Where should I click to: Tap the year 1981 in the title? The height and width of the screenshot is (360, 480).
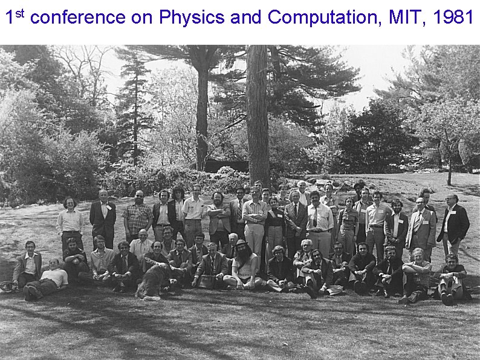click(453, 18)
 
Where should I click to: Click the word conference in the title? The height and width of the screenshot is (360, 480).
click(77, 18)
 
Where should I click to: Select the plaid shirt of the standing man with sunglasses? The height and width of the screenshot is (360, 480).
click(138, 216)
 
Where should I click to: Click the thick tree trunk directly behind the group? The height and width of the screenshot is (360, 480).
click(258, 115)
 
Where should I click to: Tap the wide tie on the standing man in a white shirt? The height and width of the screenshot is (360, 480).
click(315, 217)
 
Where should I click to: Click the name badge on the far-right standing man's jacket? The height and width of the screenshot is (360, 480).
click(452, 212)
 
